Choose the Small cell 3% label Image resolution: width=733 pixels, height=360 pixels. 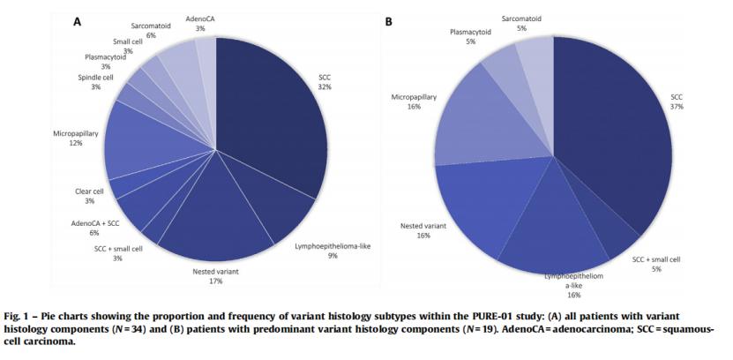coord(129,46)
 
